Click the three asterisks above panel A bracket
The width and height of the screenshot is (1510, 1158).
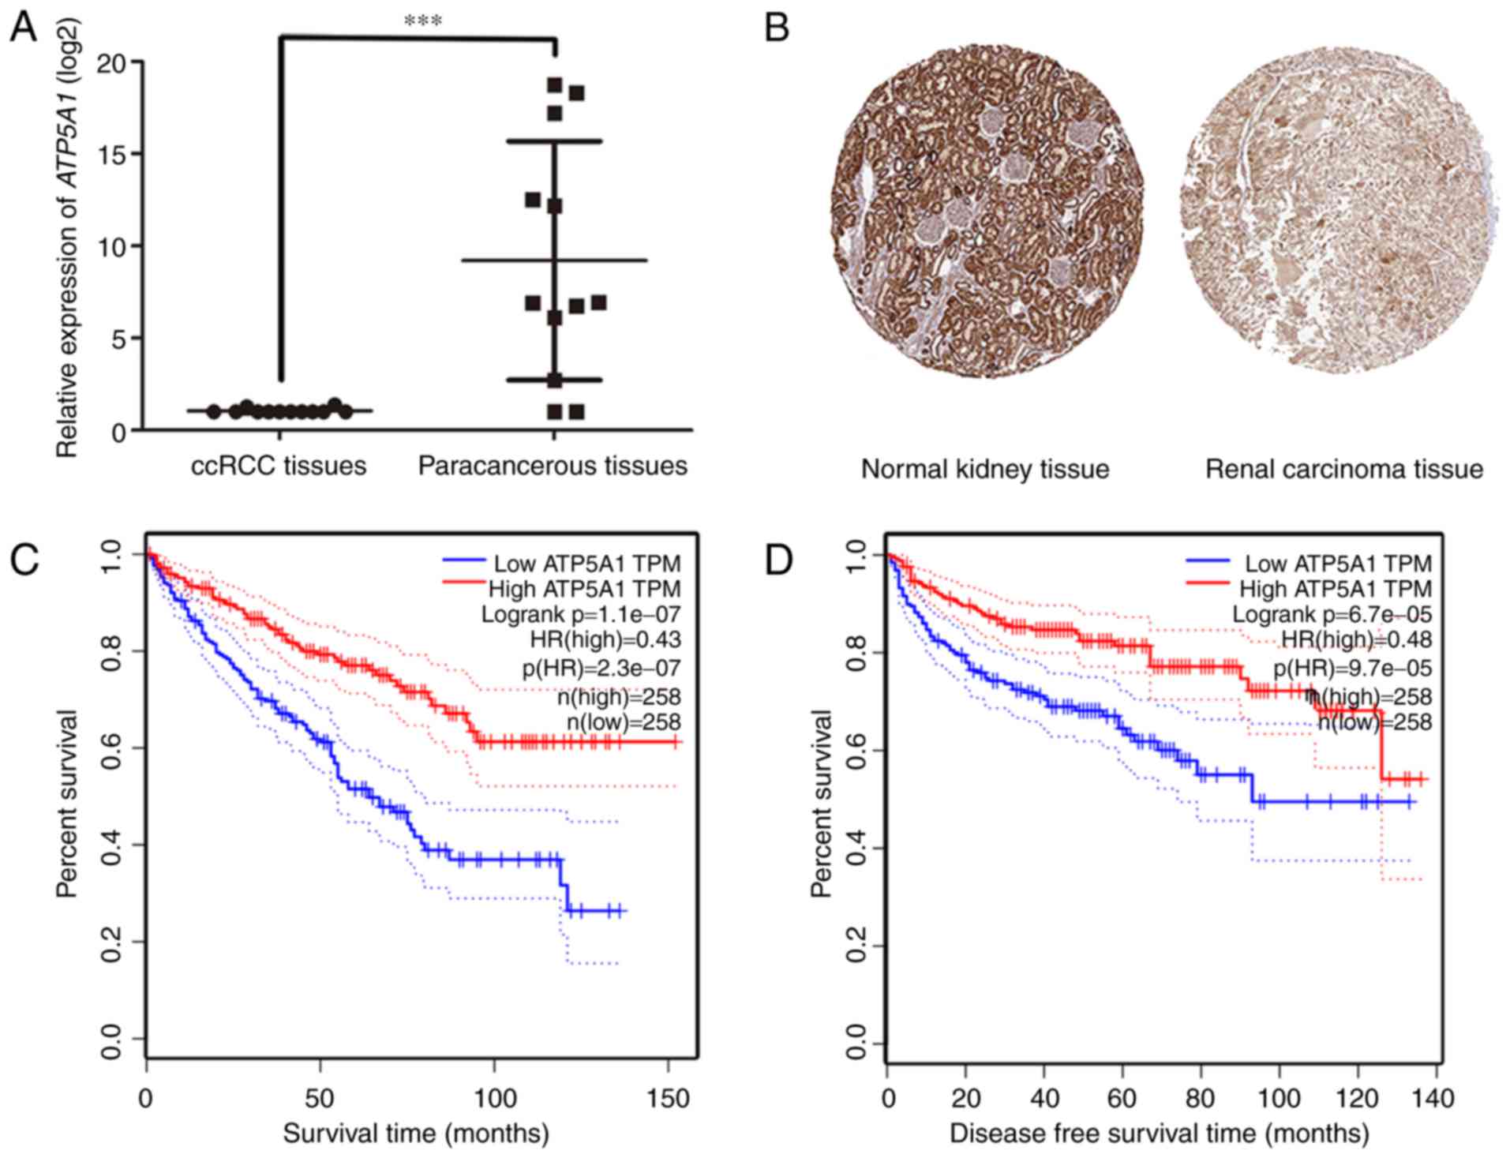point(422,21)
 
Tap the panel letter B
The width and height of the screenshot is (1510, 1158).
point(777,29)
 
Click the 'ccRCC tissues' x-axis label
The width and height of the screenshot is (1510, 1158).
point(279,466)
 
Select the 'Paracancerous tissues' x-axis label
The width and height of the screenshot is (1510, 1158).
point(553,466)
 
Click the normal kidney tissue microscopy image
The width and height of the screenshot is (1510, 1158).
point(987,212)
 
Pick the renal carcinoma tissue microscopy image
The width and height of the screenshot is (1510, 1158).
point(1339,208)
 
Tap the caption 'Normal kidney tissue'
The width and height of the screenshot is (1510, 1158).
point(985,470)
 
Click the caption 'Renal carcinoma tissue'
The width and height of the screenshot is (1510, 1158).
point(1344,470)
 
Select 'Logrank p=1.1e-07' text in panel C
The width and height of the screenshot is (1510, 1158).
point(581,614)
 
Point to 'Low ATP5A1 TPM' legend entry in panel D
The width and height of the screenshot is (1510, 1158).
point(1338,564)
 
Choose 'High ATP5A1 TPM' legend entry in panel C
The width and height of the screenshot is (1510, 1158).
point(584,589)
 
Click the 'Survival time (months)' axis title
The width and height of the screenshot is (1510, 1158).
point(416,1134)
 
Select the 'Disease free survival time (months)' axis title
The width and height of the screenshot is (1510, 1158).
point(1160,1134)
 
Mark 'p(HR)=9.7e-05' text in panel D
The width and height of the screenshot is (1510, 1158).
point(1352,669)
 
